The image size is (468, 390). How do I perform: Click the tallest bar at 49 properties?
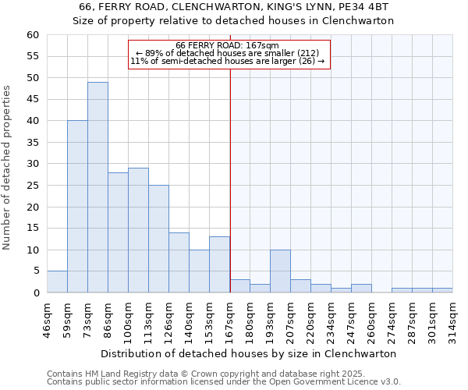(x=97, y=187)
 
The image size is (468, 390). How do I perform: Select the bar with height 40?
(x=77, y=207)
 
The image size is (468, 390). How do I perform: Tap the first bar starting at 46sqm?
(x=57, y=282)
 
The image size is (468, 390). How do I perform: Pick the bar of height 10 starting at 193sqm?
(x=280, y=271)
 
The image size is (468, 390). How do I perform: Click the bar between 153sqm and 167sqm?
(x=219, y=264)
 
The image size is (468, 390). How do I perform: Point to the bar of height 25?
(x=158, y=239)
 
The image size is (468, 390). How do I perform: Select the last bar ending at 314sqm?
(x=442, y=290)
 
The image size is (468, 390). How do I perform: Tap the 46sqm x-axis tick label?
(x=48, y=317)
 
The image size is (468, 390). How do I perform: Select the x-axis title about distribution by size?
(x=249, y=353)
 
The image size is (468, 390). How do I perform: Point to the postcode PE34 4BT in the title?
(x=373, y=6)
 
